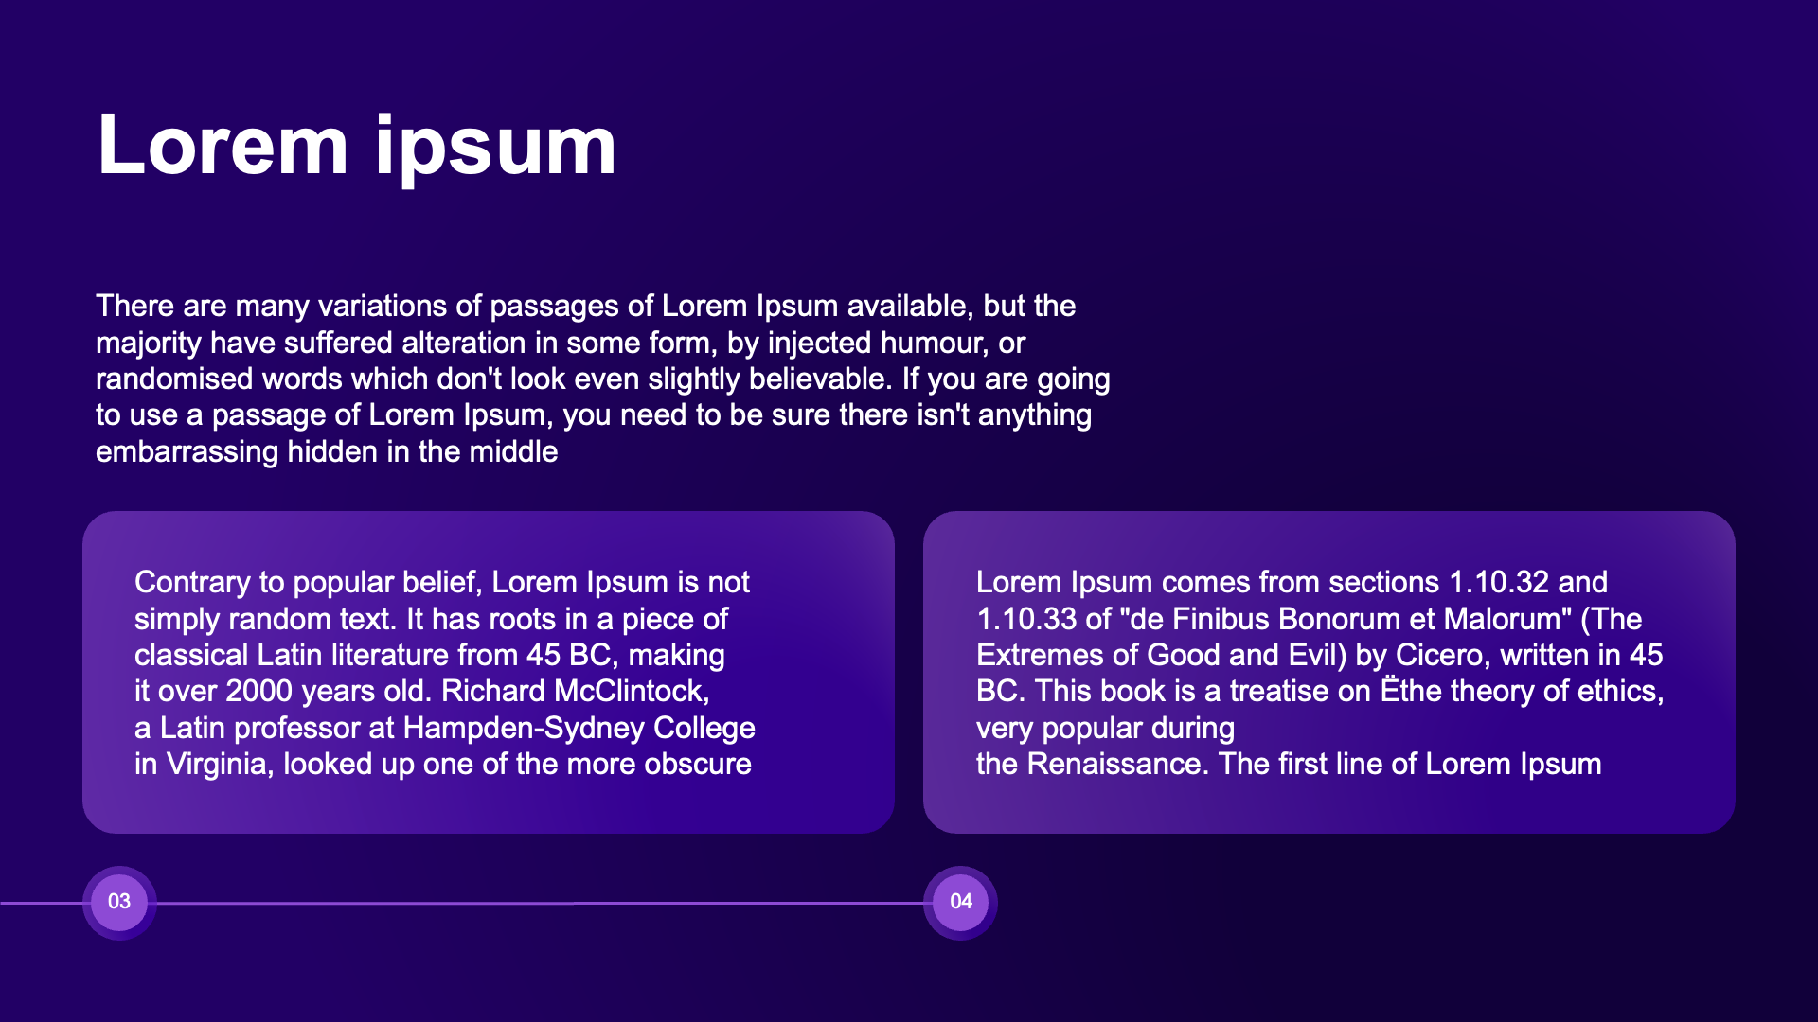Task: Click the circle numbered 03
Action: pos(119,902)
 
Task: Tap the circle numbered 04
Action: pos(960,902)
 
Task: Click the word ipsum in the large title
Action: pos(496,148)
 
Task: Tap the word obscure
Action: pos(698,765)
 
